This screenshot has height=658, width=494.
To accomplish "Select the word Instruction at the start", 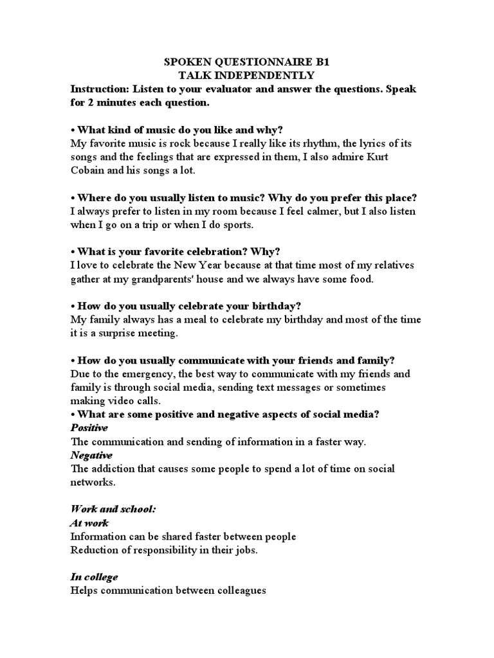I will (x=100, y=89).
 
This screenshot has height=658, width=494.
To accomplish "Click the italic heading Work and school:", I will (x=113, y=509).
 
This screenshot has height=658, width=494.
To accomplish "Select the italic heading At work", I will (x=89, y=523).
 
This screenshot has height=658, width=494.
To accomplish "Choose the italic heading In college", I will (x=94, y=577).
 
